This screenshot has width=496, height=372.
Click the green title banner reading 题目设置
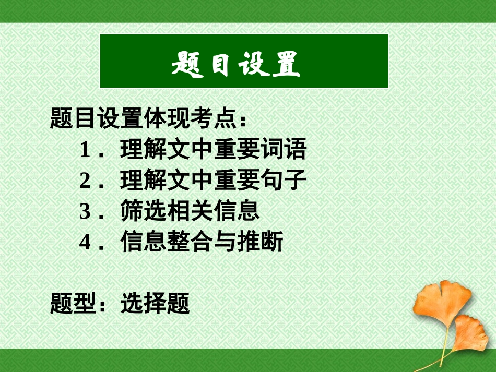tap(244, 61)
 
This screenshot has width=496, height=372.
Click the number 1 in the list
tap(86, 151)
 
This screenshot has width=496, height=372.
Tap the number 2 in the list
tap(86, 181)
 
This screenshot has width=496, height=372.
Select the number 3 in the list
tap(86, 211)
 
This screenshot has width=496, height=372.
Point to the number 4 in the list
tap(86, 242)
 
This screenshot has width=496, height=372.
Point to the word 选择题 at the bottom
tap(155, 303)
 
